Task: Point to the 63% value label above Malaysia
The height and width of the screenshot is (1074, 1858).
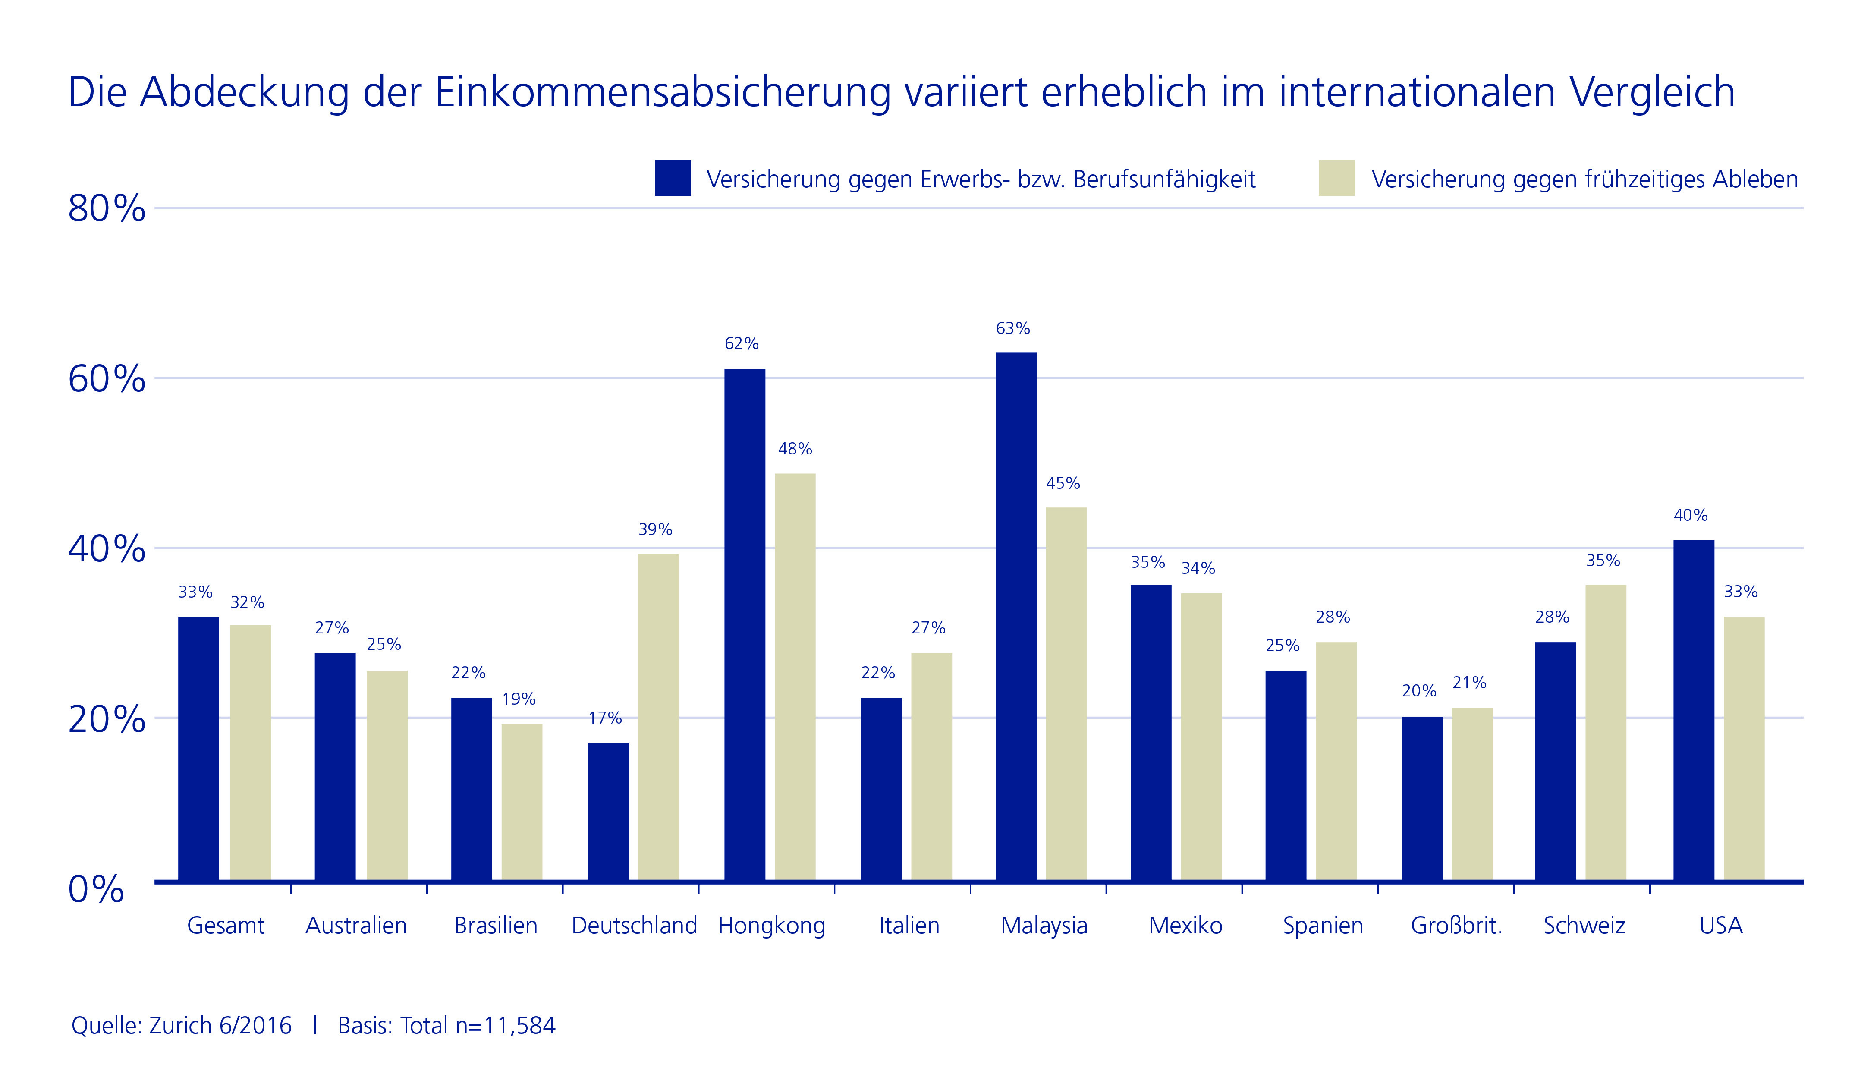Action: point(1013,329)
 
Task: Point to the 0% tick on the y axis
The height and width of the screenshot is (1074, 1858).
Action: point(96,890)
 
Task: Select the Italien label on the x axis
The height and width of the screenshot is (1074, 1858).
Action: point(909,926)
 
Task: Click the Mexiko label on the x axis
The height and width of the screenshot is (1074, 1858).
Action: point(1185,926)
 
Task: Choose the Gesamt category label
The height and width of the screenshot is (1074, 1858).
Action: point(226,926)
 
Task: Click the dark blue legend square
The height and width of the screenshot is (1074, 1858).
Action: point(673,178)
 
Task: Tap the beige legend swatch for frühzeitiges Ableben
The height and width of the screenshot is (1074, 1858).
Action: point(1337,178)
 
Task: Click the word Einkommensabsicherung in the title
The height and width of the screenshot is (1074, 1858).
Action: point(663,93)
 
